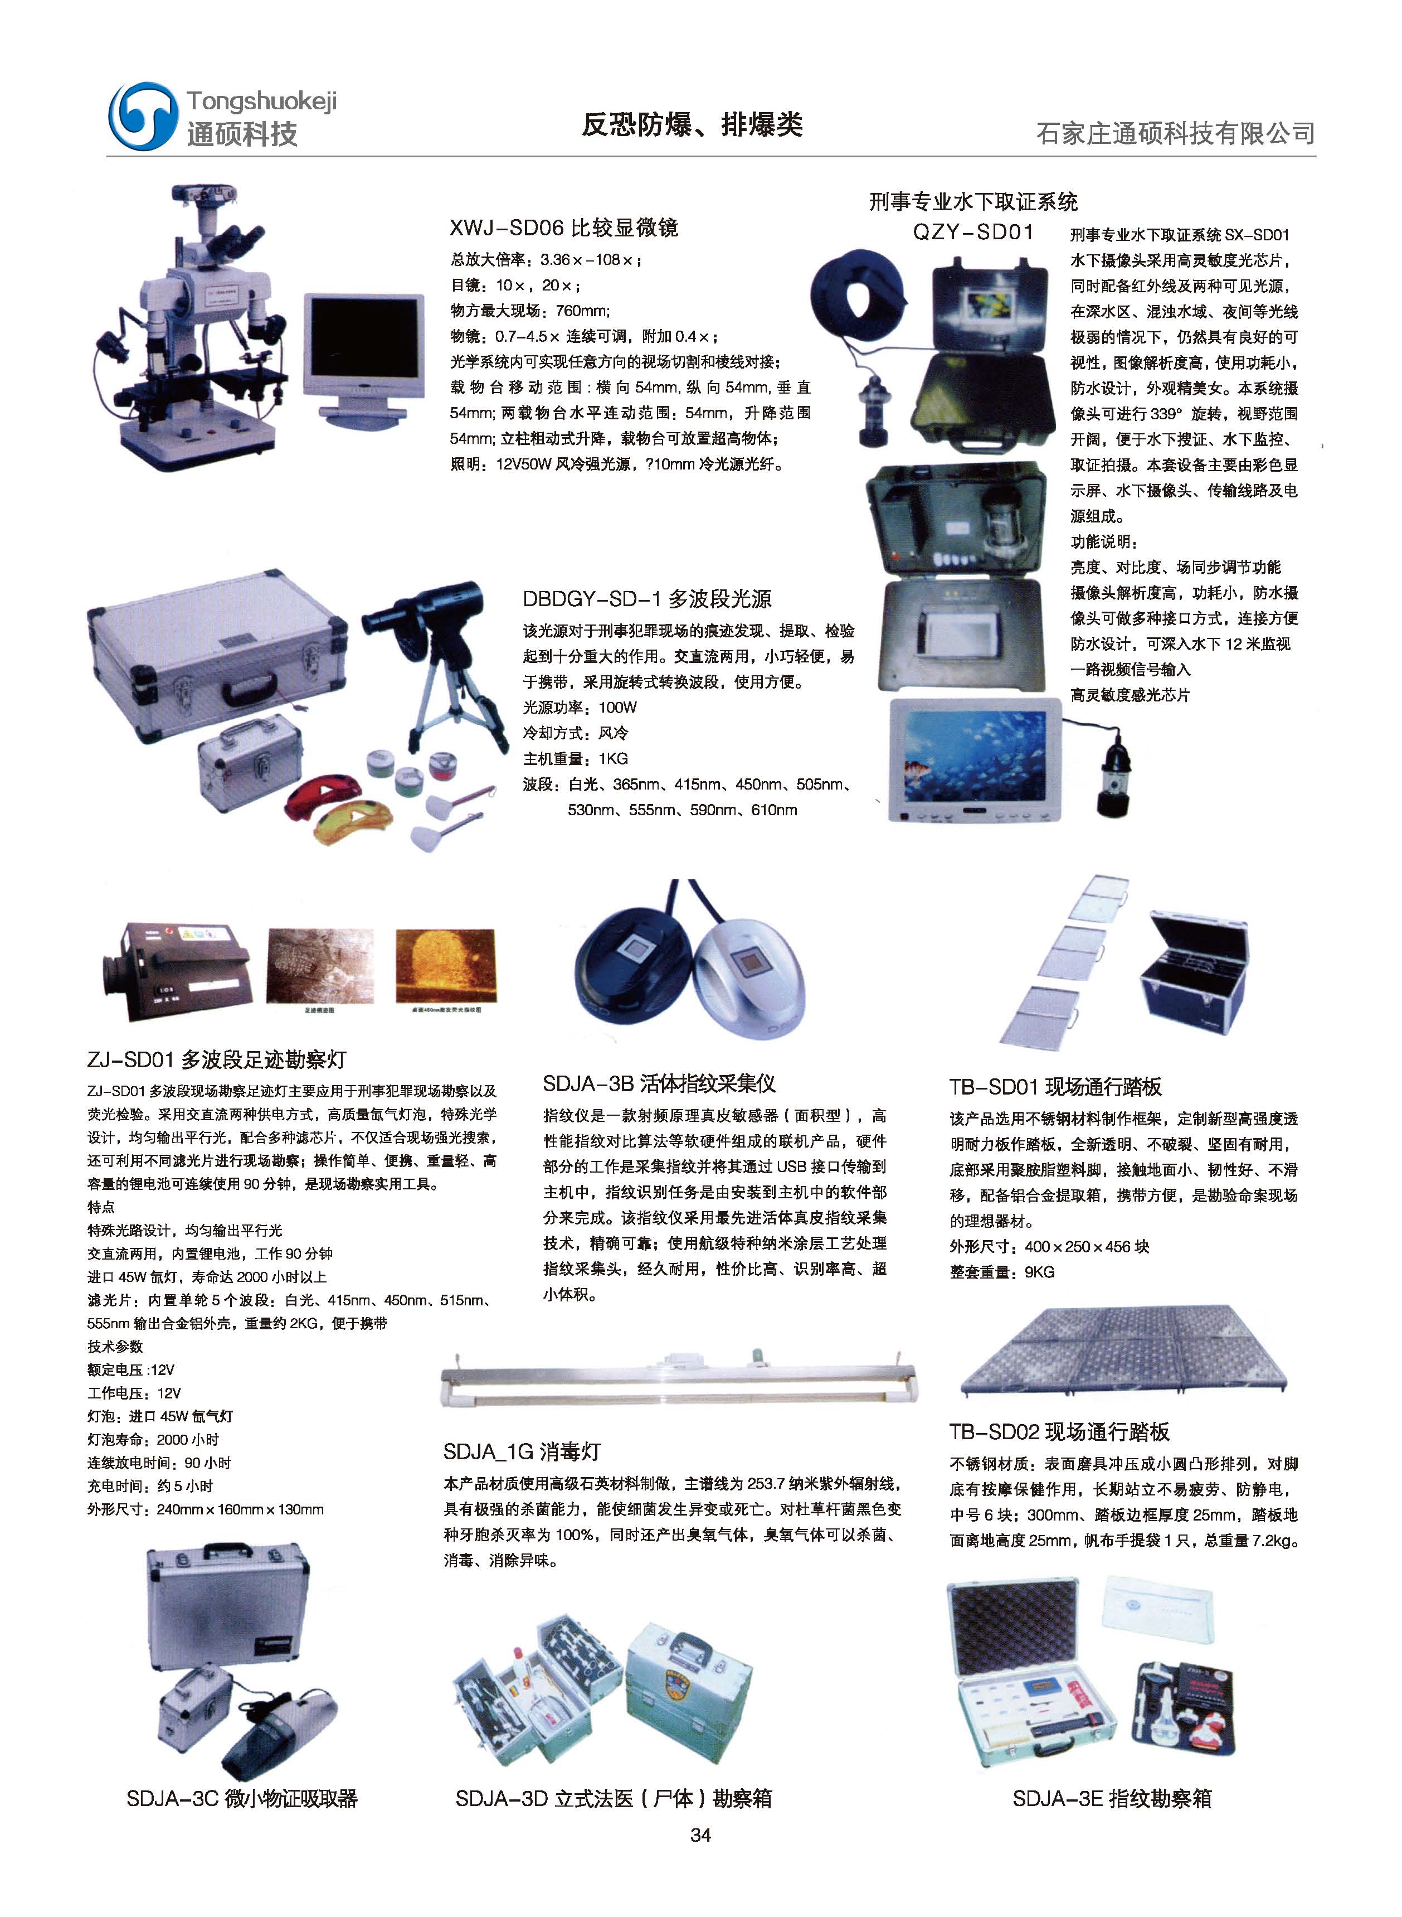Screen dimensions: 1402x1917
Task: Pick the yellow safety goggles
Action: point(355,821)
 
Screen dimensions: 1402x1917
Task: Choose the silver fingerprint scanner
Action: point(748,976)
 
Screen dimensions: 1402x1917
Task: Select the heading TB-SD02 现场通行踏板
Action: point(1059,1431)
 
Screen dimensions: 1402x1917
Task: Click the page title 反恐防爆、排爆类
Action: point(692,125)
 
